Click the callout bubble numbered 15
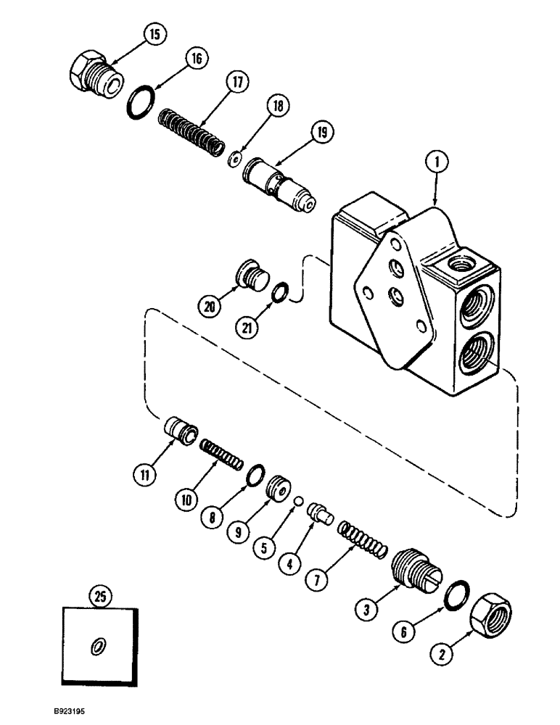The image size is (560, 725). [x=156, y=33]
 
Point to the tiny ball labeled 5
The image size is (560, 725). [x=297, y=500]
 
